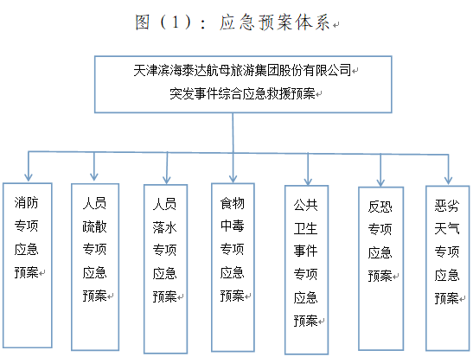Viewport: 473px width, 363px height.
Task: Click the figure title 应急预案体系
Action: (x=274, y=22)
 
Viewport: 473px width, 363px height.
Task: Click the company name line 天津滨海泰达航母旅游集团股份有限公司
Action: (x=242, y=71)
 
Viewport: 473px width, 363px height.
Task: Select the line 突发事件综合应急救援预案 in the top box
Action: (x=242, y=93)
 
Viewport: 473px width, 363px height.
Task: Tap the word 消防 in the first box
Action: (x=27, y=202)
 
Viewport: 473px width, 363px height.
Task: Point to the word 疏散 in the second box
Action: (x=95, y=226)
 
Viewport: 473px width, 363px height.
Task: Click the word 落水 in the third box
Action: (x=164, y=227)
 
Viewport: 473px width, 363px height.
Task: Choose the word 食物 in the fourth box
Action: (x=233, y=203)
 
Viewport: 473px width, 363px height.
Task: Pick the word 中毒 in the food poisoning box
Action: (x=233, y=226)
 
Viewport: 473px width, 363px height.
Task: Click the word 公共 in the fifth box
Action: (x=305, y=206)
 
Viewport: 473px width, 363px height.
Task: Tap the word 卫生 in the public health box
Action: (x=305, y=228)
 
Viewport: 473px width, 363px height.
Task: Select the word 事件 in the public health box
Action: (x=305, y=252)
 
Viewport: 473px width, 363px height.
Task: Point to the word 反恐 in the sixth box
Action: (x=380, y=207)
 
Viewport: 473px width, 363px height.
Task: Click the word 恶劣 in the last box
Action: (x=447, y=206)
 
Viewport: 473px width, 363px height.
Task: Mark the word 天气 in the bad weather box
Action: (x=447, y=228)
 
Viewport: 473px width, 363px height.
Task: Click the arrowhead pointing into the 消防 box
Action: (x=29, y=177)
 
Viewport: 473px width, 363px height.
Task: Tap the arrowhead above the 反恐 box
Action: (x=380, y=182)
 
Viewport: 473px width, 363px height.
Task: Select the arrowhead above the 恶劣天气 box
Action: (x=448, y=180)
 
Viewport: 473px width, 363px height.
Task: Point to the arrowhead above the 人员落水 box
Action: (x=167, y=180)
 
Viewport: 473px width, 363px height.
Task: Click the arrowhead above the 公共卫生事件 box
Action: (x=308, y=181)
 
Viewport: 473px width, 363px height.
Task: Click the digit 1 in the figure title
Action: (x=176, y=22)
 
